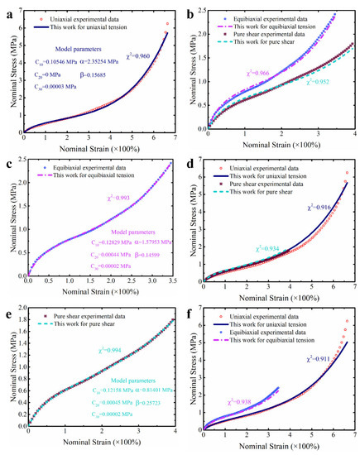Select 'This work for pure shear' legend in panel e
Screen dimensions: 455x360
(83, 323)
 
